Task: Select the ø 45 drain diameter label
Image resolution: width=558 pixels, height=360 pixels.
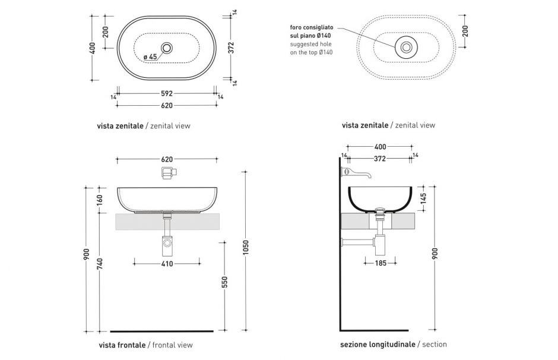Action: pyautogui.click(x=150, y=57)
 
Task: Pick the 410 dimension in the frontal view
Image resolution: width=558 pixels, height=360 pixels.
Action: pyautogui.click(x=167, y=263)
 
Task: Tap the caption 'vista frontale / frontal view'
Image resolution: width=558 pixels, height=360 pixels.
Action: pyautogui.click(x=145, y=345)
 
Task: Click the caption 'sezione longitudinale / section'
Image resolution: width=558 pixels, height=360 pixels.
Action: pyautogui.click(x=393, y=345)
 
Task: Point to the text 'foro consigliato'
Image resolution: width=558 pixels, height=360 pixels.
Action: pyautogui.click(x=312, y=28)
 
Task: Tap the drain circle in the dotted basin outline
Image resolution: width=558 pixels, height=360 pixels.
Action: pyautogui.click(x=407, y=46)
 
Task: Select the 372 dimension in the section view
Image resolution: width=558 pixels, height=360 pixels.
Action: pyautogui.click(x=380, y=159)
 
